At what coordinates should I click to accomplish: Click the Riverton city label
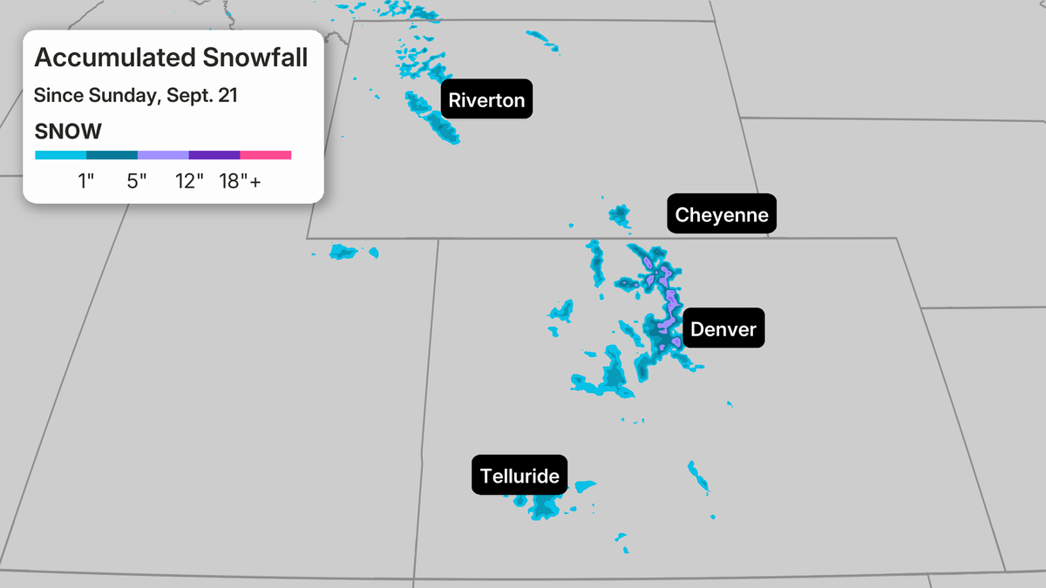[x=486, y=100]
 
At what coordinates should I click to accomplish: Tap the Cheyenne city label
[x=722, y=214]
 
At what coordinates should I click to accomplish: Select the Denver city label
[x=723, y=329]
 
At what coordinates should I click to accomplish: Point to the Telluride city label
[x=520, y=476]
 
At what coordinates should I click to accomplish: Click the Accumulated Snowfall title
[x=171, y=58]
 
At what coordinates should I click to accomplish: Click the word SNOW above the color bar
[x=68, y=132]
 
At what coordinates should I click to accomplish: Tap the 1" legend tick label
[x=85, y=182]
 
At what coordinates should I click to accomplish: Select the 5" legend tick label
[x=137, y=182]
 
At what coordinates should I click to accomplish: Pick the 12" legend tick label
[x=188, y=182]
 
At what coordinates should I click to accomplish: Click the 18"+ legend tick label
[x=240, y=182]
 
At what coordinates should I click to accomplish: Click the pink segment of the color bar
[x=266, y=155]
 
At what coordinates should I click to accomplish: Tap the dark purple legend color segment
[x=214, y=155]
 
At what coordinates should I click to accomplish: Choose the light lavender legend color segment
[x=163, y=155]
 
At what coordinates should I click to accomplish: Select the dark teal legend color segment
[x=112, y=155]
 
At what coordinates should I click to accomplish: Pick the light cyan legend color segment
[x=60, y=155]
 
